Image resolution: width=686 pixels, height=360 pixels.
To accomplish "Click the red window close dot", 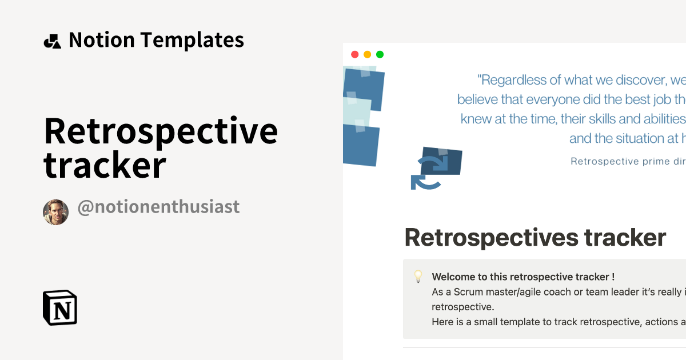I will point(354,55).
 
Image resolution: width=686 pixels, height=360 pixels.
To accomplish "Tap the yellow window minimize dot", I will point(367,55).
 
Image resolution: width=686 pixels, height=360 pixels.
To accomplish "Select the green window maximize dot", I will point(380,55).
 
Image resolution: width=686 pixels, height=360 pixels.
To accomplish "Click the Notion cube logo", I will point(60,308).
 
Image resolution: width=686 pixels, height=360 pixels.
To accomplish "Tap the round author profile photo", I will point(55,213).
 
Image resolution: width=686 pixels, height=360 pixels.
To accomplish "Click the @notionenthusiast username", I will point(158,207).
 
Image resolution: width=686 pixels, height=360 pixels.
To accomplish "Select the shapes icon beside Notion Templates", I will point(52,41).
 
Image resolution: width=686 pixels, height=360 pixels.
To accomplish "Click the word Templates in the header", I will point(192,40).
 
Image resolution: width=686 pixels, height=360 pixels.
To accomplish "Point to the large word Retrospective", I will point(161,131).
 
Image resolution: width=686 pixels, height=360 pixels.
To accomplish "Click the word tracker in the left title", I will point(105,165).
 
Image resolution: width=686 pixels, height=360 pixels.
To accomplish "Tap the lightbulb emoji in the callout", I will point(418,277).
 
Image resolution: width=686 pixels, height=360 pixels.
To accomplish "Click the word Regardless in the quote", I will point(516,79).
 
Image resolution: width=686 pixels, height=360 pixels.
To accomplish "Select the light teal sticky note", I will point(356,111).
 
